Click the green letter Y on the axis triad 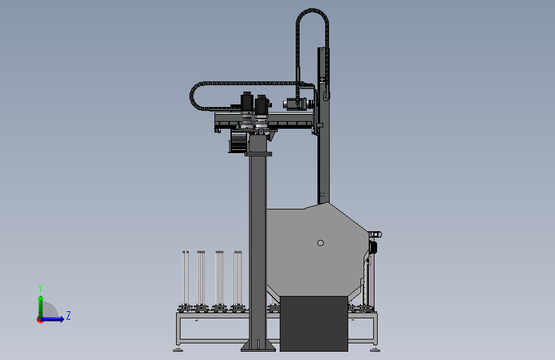click(x=40, y=288)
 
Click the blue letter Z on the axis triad click(x=68, y=315)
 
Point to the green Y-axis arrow click(x=41, y=307)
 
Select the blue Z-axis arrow click(x=52, y=319)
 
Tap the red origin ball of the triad click(x=40, y=320)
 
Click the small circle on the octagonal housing click(x=320, y=243)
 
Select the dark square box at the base click(x=314, y=323)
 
